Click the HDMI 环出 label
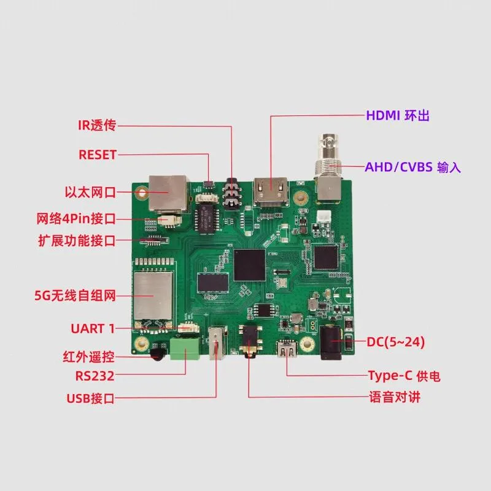(397, 115)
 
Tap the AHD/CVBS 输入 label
(412, 167)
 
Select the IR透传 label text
(97, 125)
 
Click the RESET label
(98, 155)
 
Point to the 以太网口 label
(90, 192)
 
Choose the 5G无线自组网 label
(75, 295)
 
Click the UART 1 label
(93, 328)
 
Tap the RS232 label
(95, 376)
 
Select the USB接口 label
(90, 398)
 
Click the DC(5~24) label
(395, 342)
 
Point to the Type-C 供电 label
(404, 376)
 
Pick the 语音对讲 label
(395, 397)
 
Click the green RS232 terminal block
(185, 348)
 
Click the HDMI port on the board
(271, 191)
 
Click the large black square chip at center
(250, 265)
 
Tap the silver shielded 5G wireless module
(153, 296)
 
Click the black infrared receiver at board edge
(158, 354)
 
